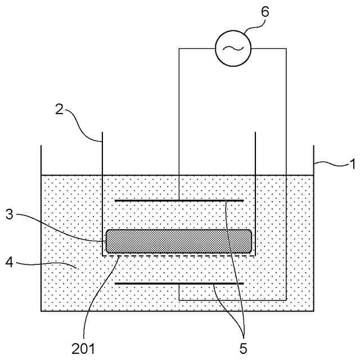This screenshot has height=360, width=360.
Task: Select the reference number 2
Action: click(x=58, y=109)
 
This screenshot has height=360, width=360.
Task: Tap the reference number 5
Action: click(x=243, y=348)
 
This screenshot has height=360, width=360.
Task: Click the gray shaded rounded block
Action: click(x=179, y=241)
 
